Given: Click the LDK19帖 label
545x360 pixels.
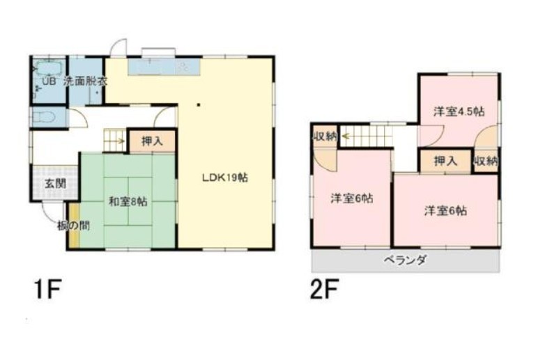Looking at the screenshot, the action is tap(225, 178).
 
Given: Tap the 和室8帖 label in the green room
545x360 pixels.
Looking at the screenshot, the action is tap(128, 201).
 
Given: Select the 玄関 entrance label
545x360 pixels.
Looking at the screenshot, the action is tap(55, 183).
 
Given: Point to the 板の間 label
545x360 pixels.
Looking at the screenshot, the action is tap(74, 226).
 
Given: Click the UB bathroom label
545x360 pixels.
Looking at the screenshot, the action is tap(48, 81).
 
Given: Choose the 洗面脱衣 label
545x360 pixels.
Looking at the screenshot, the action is tap(85, 81).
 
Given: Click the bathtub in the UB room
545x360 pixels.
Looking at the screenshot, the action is tap(49, 68).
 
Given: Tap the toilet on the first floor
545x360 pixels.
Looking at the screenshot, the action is tap(44, 118).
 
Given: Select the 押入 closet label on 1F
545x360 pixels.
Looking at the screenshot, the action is tap(152, 141).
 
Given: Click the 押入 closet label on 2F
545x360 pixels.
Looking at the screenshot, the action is tap(445, 161).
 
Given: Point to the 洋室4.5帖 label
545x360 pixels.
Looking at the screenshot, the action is tap(459, 112).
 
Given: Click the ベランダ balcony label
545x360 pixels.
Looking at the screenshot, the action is tap(406, 260).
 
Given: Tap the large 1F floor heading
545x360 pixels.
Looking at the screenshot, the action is tap(48, 290).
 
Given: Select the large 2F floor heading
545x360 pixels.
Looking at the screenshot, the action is tap(324, 290).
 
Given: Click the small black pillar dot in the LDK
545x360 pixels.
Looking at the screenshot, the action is tap(198, 104).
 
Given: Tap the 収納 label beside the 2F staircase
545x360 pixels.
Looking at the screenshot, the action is tap(325, 136).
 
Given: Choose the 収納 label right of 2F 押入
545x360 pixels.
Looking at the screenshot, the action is tap(486, 161).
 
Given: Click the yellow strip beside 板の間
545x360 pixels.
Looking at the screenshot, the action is tap(74, 226).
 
